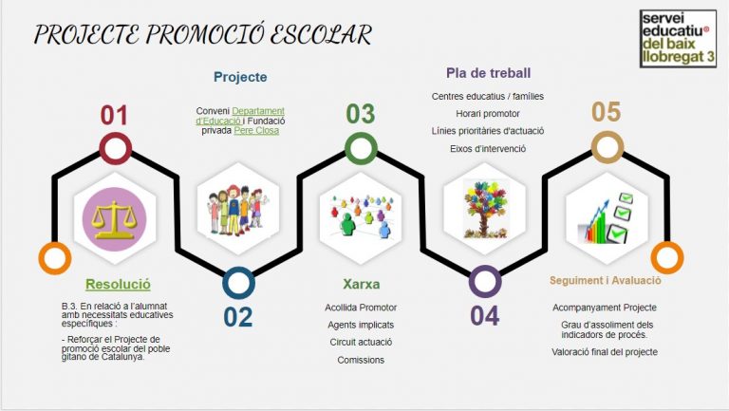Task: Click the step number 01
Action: (114, 116)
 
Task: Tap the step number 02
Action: (238, 316)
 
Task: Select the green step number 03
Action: (360, 115)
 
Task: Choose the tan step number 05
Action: (607, 113)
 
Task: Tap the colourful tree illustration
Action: (484, 203)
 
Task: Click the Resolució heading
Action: (118, 283)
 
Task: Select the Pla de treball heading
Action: (488, 73)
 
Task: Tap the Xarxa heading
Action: (361, 283)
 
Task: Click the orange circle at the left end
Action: (54, 258)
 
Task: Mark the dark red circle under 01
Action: (115, 148)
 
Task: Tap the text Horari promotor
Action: (488, 113)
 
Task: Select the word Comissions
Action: (361, 360)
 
